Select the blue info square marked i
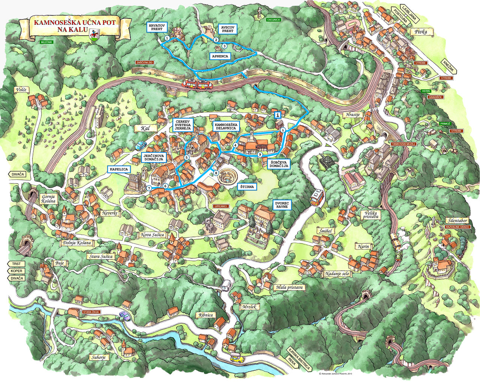[x=277, y=115]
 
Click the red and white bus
[x=317, y=198]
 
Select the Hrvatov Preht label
[x=156, y=27]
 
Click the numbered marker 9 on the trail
[x=259, y=154]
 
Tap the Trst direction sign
[x=16, y=264]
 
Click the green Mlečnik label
[x=48, y=42]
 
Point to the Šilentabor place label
[x=457, y=220]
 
